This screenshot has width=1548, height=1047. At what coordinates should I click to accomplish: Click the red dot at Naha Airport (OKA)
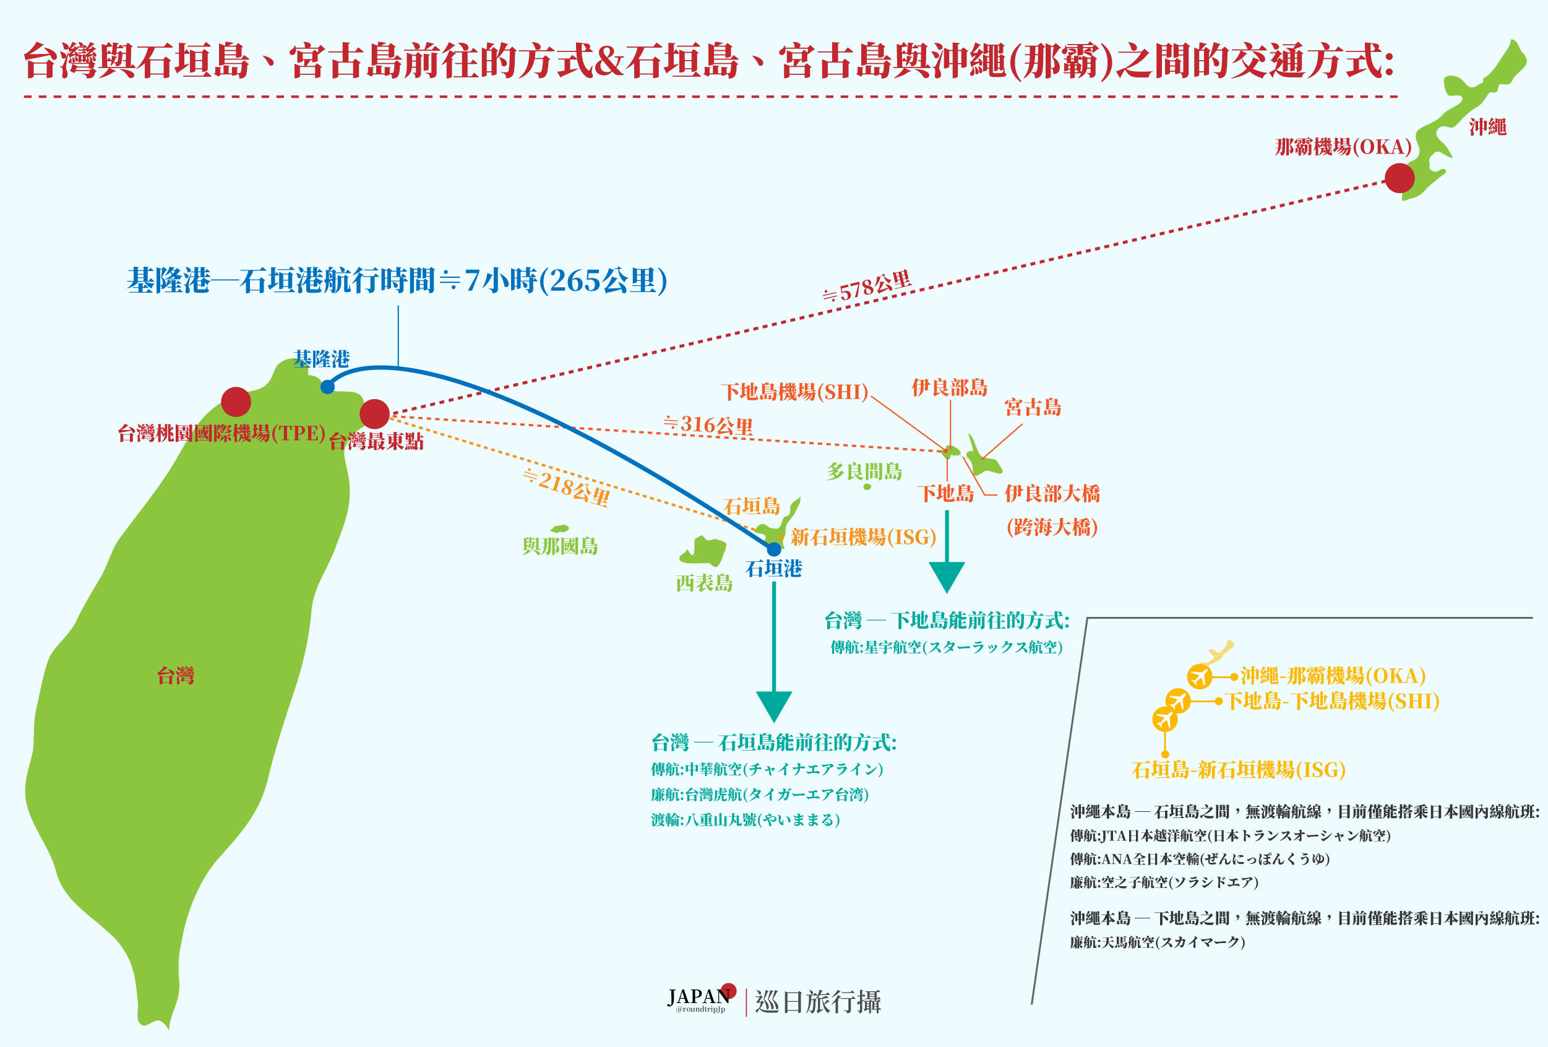pyautogui.click(x=1400, y=178)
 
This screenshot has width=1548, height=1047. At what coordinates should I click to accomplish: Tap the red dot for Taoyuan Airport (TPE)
pyautogui.click(x=236, y=402)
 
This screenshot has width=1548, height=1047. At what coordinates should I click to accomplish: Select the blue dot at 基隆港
pyautogui.click(x=327, y=387)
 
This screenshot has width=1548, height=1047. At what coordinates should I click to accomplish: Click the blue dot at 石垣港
pyautogui.click(x=773, y=549)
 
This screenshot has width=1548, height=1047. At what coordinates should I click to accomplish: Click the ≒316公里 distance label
pyautogui.click(x=708, y=425)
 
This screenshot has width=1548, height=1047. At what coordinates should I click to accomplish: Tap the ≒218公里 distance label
pyautogui.click(x=566, y=488)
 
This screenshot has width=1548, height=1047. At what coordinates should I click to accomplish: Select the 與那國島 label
pyautogui.click(x=560, y=546)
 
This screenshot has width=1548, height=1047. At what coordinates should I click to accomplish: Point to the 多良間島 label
pyautogui.click(x=864, y=472)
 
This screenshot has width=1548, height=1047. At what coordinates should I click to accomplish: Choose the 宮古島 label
pyautogui.click(x=1033, y=407)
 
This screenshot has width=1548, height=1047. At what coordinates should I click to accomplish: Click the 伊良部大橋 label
pyautogui.click(x=1052, y=494)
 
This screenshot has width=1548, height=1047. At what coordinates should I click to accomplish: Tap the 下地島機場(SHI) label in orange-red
pyautogui.click(x=794, y=392)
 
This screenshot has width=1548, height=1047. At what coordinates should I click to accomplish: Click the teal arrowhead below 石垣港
pyautogui.click(x=774, y=705)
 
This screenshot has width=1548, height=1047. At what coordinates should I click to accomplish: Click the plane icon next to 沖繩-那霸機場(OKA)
pyautogui.click(x=1200, y=676)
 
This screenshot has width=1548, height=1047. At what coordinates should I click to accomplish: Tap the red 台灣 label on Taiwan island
pyautogui.click(x=176, y=675)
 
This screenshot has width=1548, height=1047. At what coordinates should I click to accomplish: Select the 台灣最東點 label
pyautogui.click(x=376, y=441)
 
